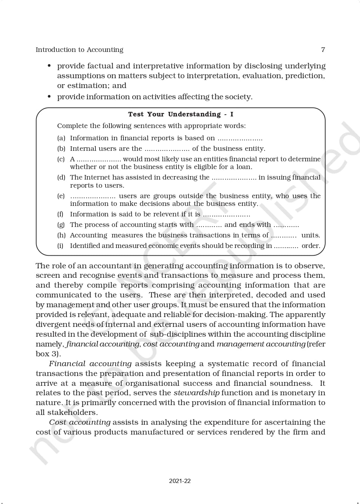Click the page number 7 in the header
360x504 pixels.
(323, 49)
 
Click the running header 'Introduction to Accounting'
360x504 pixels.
(79, 49)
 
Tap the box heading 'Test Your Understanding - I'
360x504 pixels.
(180, 114)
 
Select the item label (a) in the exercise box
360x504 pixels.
(61, 138)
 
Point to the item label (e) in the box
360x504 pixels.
(61, 196)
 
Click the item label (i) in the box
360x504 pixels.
(60, 246)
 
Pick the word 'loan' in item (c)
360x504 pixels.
(244, 167)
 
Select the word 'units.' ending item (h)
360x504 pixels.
(311, 235)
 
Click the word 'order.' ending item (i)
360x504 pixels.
(311, 246)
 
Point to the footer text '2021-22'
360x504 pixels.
(180, 481)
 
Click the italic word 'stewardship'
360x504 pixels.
(196, 393)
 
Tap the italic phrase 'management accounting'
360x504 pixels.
(261, 344)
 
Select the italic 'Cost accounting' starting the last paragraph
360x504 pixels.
(80, 422)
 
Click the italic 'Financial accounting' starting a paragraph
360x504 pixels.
(90, 364)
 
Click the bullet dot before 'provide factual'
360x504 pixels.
(49, 66)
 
